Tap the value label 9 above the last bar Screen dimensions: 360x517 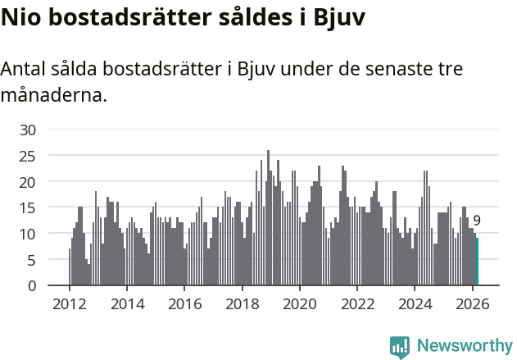point(477,220)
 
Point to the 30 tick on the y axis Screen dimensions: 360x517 point(28,130)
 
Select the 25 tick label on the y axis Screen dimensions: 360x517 point(28,156)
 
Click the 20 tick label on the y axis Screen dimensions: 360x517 point(28,182)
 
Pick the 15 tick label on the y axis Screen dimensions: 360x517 point(28,208)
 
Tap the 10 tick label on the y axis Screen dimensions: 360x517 point(28,234)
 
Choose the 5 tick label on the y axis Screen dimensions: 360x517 point(32,260)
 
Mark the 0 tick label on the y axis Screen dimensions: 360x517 point(32,286)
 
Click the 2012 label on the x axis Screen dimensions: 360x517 point(69,303)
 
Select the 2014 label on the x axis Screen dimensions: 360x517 point(126,303)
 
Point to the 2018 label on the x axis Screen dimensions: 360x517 point(242,303)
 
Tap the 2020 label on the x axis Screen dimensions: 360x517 point(299,303)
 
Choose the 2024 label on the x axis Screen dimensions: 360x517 point(415,303)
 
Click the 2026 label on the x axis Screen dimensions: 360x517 point(472,303)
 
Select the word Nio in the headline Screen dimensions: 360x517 point(21,18)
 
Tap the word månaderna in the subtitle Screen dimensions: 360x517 point(54,95)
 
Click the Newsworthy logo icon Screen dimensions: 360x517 point(400,347)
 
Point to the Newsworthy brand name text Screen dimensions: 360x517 point(465,346)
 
